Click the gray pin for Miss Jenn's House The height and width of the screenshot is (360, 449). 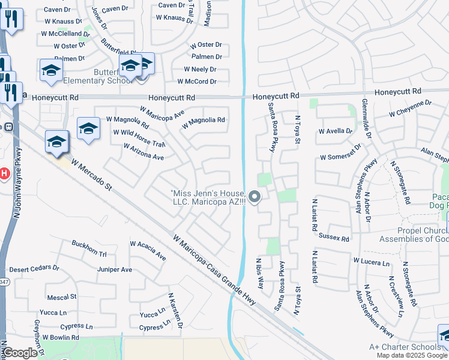[x=255, y=196]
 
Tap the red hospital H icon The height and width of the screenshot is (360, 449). [x=3, y=174]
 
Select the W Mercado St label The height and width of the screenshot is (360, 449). [x=92, y=175]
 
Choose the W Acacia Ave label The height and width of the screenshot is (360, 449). [x=148, y=250]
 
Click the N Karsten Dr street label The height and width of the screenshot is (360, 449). [x=175, y=311]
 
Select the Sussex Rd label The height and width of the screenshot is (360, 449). [x=334, y=238]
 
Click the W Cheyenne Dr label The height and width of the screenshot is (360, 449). [x=410, y=109]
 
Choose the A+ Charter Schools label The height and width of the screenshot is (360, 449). [x=405, y=347]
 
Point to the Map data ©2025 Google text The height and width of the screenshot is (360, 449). [x=412, y=355]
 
